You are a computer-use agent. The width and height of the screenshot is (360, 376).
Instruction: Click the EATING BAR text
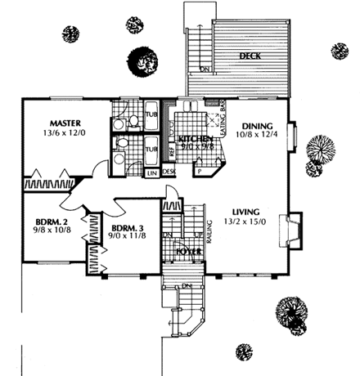click(223, 114)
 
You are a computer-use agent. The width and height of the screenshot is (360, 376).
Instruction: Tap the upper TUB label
click(152, 114)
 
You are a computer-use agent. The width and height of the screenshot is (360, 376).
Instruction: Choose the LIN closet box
click(152, 172)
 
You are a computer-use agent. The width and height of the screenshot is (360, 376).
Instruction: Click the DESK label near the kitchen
click(169, 172)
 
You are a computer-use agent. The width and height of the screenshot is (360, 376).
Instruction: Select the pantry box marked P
click(199, 172)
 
